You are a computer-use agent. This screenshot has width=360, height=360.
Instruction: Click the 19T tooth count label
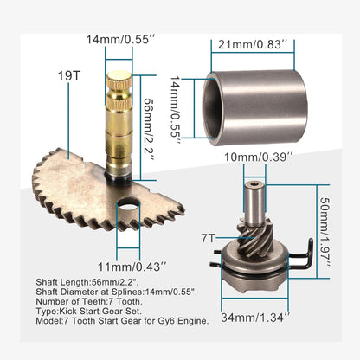(69, 76)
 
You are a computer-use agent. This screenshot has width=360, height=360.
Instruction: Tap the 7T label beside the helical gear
(209, 238)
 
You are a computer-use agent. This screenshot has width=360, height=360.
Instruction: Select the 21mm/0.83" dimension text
(253, 44)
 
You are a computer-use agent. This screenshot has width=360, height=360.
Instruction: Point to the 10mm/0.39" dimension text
(259, 157)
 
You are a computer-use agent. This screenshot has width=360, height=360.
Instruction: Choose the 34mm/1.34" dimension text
(255, 318)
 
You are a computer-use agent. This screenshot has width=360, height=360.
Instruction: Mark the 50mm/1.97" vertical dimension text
(325, 233)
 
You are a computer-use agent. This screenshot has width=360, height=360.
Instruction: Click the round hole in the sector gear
(128, 204)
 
